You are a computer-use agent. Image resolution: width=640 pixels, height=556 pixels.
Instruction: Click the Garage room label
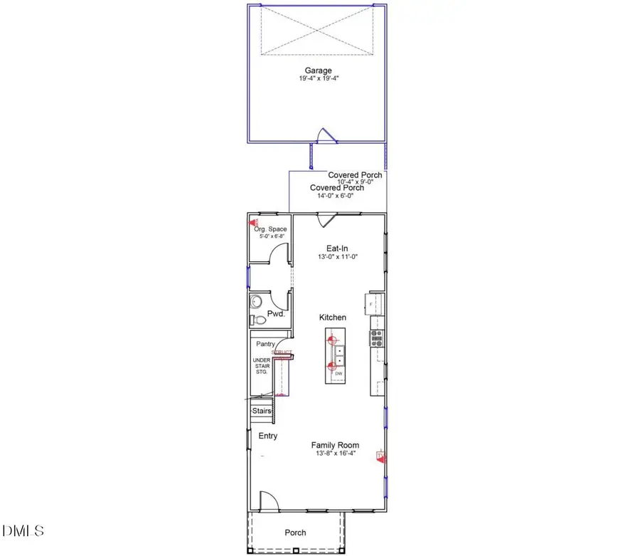(317, 70)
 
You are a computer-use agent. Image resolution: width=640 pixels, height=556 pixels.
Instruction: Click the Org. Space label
(270, 229)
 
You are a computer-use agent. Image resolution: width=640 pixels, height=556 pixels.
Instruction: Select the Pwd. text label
(276, 314)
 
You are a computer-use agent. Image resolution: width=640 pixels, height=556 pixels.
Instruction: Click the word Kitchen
(332, 318)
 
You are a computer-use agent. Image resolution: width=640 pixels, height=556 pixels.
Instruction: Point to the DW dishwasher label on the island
(338, 374)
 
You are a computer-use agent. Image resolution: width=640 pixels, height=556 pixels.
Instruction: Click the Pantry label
(265, 344)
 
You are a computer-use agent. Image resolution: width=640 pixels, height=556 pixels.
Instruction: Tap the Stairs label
(262, 411)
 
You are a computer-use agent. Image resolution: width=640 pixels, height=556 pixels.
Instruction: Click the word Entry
(268, 436)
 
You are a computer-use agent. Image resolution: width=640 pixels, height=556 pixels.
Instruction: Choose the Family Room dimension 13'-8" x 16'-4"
(334, 453)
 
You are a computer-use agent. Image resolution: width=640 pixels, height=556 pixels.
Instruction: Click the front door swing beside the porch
(268, 501)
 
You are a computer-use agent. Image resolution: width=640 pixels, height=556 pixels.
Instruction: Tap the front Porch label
(296, 533)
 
